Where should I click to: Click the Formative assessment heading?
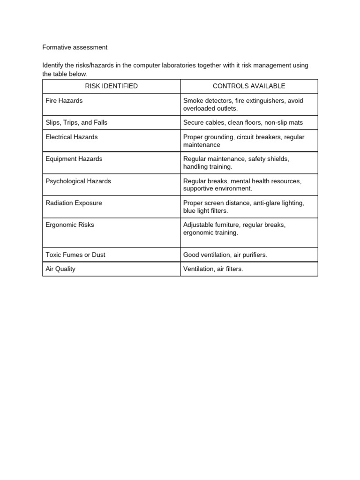(75, 47)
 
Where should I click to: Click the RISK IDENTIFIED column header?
(111, 86)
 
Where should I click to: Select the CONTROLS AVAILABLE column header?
(249, 86)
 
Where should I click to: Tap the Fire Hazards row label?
(64, 101)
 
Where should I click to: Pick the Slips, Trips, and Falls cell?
(76, 122)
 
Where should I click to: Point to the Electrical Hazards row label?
(72, 137)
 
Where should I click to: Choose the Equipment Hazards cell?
(74, 159)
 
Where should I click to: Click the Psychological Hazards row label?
(78, 181)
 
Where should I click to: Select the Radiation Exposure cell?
(74, 203)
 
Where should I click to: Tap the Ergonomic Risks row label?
(70, 225)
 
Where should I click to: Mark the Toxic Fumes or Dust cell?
(75, 255)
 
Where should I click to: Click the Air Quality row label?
(60, 269)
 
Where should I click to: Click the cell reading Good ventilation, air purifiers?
(225, 255)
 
